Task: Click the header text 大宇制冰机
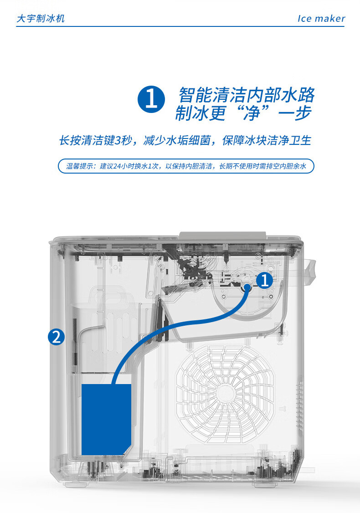pyautogui.click(x=41, y=18)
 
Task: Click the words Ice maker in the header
pyautogui.click(x=321, y=19)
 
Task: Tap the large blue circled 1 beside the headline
pyautogui.click(x=151, y=99)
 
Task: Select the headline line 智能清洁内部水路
pyautogui.click(x=247, y=95)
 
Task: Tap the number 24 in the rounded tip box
pyautogui.click(x=117, y=166)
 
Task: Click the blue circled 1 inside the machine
pyautogui.click(x=264, y=280)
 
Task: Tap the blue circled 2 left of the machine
pyautogui.click(x=57, y=337)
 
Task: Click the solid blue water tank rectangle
pyautogui.click(x=106, y=420)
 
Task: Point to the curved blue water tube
pyautogui.click(x=170, y=327)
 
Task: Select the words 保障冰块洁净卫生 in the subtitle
pyautogui.click(x=267, y=140)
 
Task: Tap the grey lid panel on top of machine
pyautogui.click(x=222, y=236)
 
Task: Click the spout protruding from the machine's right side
pyautogui.click(x=309, y=272)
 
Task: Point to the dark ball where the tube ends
pyautogui.click(x=247, y=287)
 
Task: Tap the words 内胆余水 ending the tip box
pyautogui.click(x=293, y=166)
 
